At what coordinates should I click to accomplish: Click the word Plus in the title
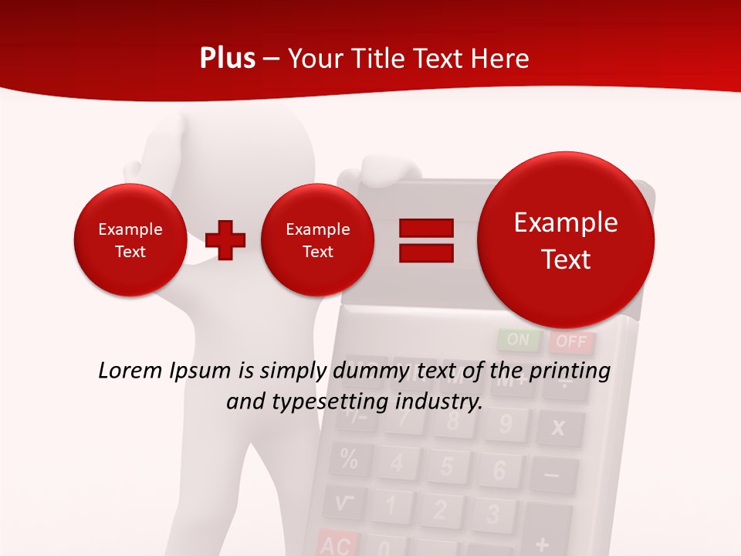pyautogui.click(x=227, y=59)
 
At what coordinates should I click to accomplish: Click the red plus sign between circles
pyautogui.click(x=225, y=239)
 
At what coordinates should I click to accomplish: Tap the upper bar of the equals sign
pyautogui.click(x=426, y=228)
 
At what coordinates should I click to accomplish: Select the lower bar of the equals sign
pyautogui.click(x=426, y=253)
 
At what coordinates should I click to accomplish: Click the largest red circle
pyautogui.click(x=566, y=239)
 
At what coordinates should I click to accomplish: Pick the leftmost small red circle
pyautogui.click(x=130, y=240)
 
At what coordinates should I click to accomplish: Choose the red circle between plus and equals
pyautogui.click(x=317, y=240)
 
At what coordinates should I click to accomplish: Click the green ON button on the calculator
pyautogui.click(x=519, y=340)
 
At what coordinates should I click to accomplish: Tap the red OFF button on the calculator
pyautogui.click(x=571, y=341)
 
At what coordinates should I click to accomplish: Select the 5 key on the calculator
pyautogui.click(x=447, y=466)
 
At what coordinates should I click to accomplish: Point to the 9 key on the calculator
pyautogui.click(x=506, y=424)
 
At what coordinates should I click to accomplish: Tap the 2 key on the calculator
pyautogui.click(x=440, y=510)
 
